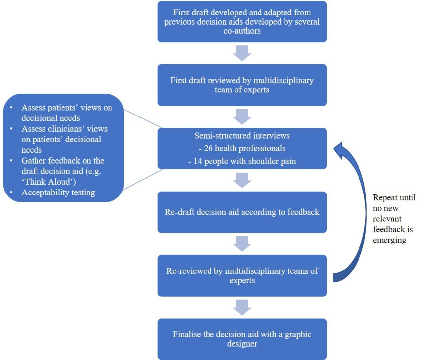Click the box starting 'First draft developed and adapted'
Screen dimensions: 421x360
point(242,22)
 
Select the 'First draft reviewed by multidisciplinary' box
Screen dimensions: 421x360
point(242,85)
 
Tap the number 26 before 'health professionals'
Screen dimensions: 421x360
point(208,148)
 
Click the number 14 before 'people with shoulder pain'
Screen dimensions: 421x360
point(198,161)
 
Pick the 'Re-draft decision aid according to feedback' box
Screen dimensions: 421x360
point(242,212)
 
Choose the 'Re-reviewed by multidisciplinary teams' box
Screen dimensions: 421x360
point(242,276)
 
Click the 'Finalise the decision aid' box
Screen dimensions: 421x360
point(242,339)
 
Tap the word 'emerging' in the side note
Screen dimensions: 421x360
point(389,240)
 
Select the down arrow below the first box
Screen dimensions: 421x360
point(242,53)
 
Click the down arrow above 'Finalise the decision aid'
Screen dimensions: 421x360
point(242,307)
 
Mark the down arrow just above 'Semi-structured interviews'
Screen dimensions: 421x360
point(242,117)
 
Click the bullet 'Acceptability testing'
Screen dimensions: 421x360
point(58,193)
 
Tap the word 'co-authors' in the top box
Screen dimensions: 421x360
point(242,31)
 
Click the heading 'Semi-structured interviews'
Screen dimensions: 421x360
point(242,136)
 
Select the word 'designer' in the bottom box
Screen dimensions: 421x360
point(242,344)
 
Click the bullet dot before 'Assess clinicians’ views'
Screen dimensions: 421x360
point(11,129)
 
